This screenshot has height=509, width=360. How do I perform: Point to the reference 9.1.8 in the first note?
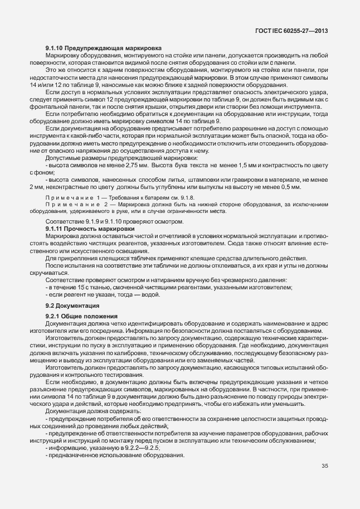(186, 198)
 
